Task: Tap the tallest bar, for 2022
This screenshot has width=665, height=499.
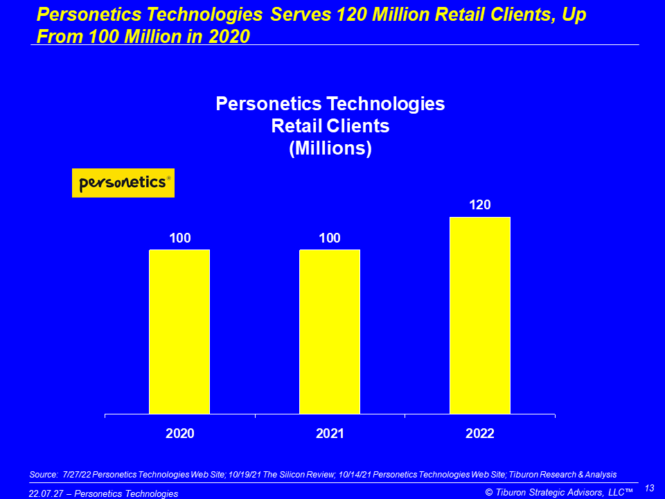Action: tap(480, 315)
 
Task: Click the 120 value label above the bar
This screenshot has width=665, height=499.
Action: tap(480, 205)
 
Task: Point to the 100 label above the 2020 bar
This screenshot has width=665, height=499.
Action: tap(179, 238)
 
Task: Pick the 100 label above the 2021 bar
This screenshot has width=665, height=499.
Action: tap(330, 238)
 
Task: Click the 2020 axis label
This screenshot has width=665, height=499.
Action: tap(179, 434)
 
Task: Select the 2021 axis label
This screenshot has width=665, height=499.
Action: tap(330, 434)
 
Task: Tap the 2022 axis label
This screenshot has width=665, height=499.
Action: tap(480, 434)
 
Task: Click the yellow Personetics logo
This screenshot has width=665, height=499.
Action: tap(123, 183)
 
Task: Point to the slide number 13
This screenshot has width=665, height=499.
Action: tap(650, 488)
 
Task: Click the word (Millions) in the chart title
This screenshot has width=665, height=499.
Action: tap(330, 148)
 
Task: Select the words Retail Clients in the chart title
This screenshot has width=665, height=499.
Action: tap(330, 126)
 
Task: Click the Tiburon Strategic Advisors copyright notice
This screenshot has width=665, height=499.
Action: tap(559, 492)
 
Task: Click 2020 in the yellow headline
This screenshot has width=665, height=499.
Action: tap(227, 36)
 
